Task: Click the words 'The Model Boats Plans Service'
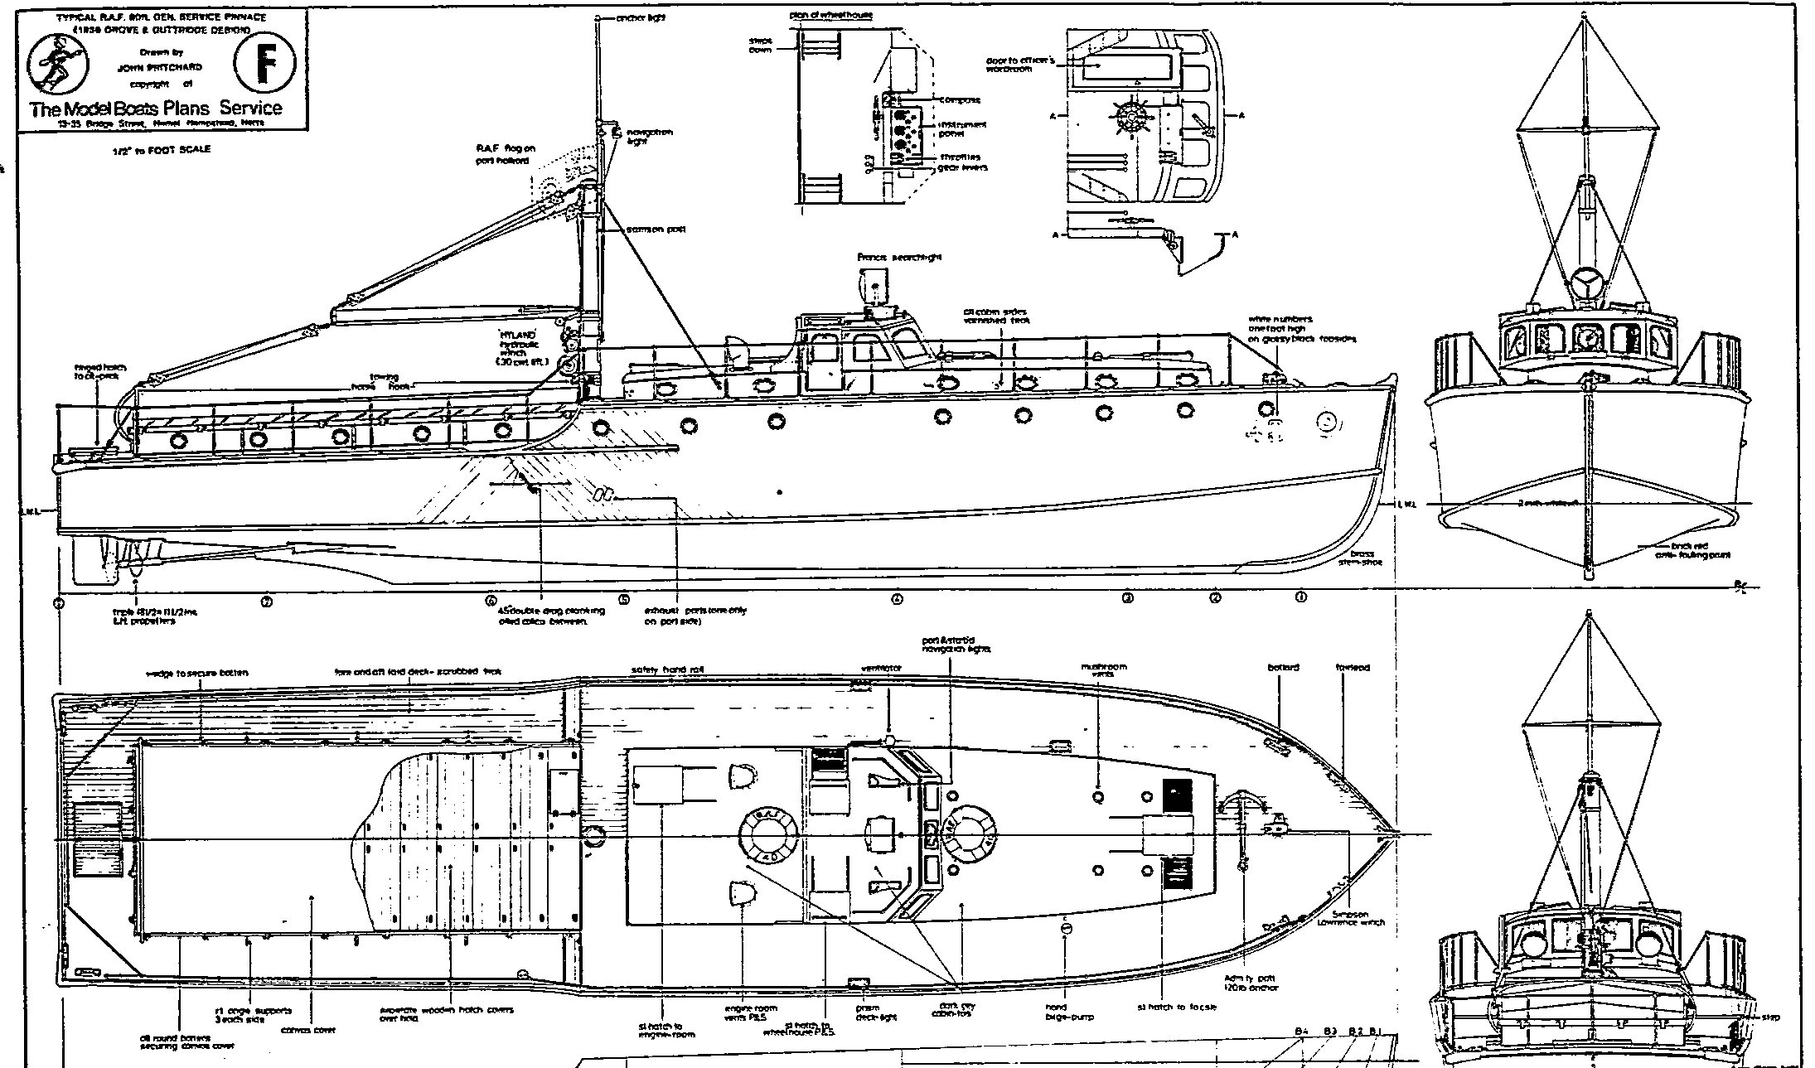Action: click(156, 109)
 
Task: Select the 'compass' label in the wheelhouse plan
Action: click(960, 100)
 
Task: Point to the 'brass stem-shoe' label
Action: click(1361, 558)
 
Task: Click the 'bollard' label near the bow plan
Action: click(1283, 668)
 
